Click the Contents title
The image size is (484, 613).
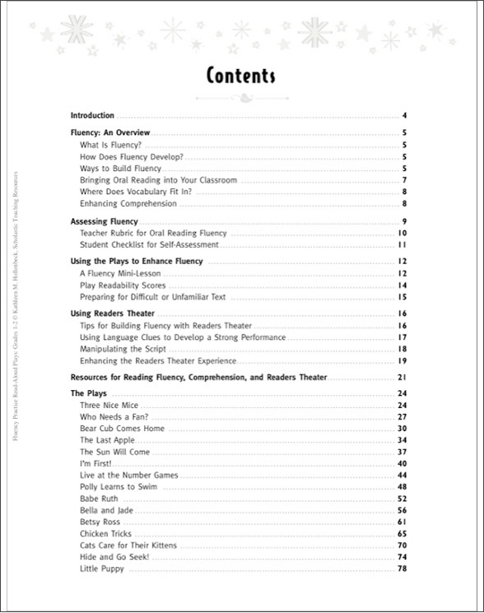coord(240,77)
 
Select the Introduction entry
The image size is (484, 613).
coord(92,115)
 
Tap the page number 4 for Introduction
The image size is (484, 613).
coord(406,115)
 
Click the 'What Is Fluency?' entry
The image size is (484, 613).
coord(111,144)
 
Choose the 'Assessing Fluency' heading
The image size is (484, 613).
coord(105,221)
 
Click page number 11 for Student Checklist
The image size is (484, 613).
coord(404,244)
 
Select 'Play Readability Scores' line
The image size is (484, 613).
coord(122,285)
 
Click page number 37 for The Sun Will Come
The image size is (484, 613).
coord(403,452)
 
